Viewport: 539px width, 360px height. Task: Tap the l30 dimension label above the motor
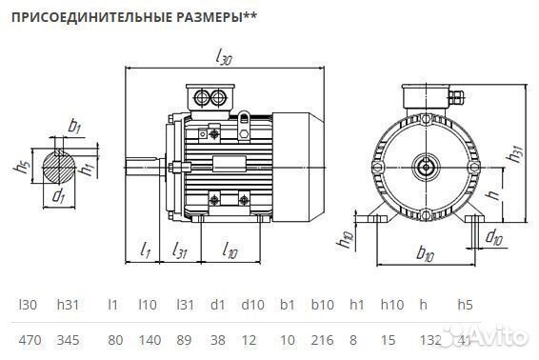click(223, 60)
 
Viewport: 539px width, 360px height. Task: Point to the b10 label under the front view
click(426, 254)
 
